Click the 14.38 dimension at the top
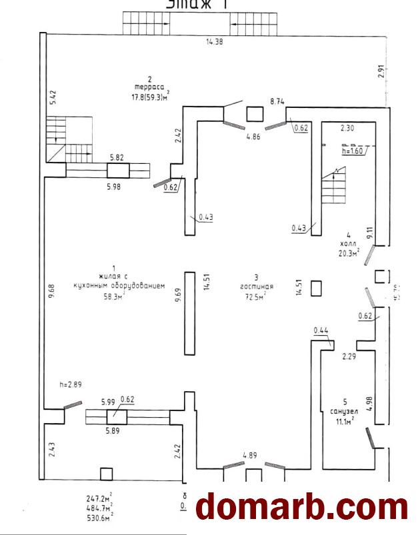point(214,42)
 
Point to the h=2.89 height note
point(70,384)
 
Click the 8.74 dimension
point(277,101)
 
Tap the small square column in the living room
point(317,288)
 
